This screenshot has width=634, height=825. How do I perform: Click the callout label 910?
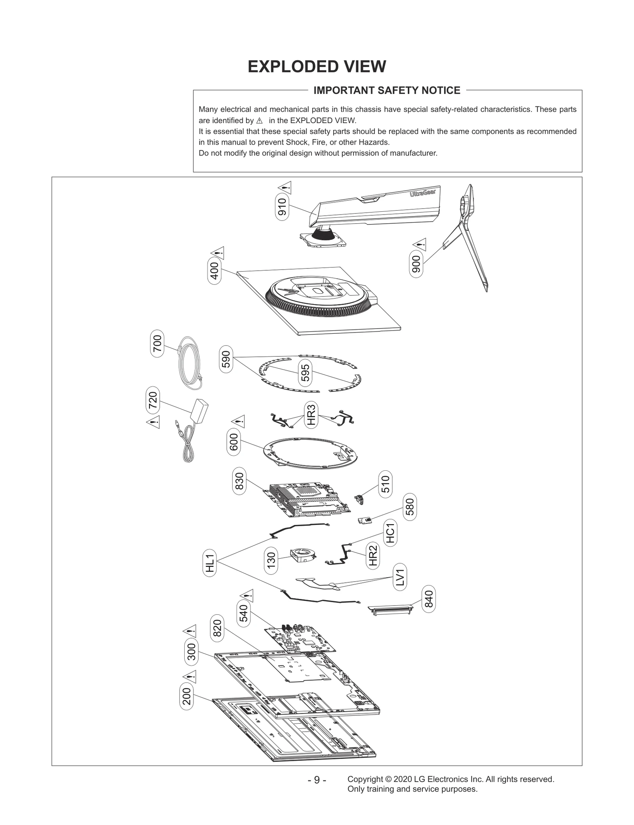282,207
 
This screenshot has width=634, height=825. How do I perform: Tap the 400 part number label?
214,271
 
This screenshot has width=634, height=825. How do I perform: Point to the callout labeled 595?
305,373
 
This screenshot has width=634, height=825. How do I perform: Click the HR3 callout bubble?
311,414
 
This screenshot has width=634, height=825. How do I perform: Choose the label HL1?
210,563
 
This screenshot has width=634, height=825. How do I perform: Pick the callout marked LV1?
400,577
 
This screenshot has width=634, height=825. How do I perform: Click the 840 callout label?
429,599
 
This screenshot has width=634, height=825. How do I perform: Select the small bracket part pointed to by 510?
360,500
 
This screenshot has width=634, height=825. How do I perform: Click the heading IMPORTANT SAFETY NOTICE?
387,91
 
